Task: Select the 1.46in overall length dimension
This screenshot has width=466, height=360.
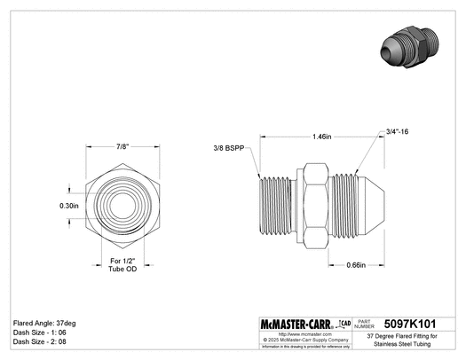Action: pyautogui.click(x=322, y=137)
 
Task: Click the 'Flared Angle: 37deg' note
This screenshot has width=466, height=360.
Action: pyautogui.click(x=45, y=323)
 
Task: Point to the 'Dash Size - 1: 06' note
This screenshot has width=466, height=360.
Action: pyautogui.click(x=39, y=332)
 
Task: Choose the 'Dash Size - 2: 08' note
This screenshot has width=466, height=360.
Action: pyautogui.click(x=39, y=341)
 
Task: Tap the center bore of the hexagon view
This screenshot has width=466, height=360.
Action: pyautogui.click(x=117, y=205)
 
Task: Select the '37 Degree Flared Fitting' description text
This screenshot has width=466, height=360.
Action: pyautogui.click(x=408, y=339)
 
